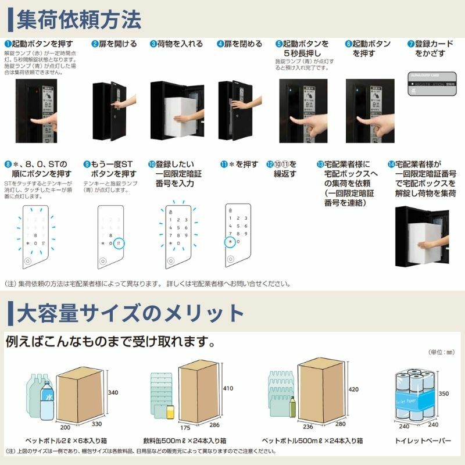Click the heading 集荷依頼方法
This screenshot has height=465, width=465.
click(78, 19)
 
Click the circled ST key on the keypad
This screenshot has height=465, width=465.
click(120, 243)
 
